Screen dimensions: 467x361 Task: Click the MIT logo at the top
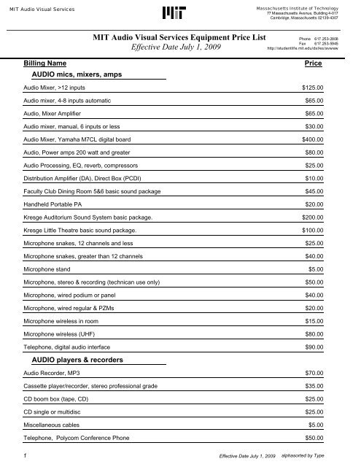point(180,13)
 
